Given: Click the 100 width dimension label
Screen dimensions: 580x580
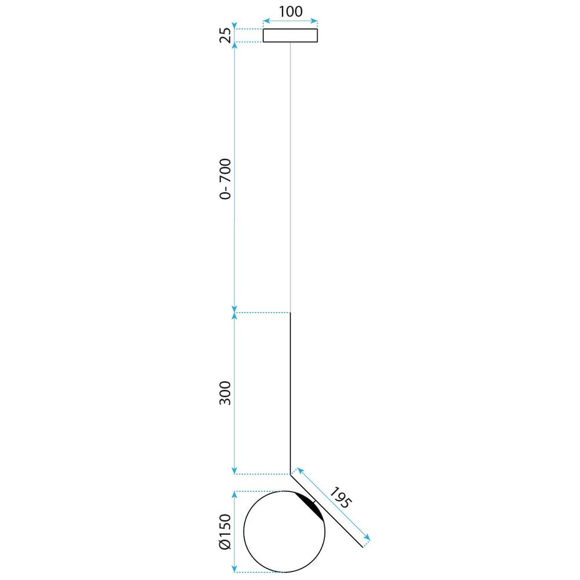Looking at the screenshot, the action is [291, 12].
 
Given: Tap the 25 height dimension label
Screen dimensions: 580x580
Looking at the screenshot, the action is [225, 35].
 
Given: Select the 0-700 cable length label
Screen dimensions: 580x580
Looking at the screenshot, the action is [225, 179].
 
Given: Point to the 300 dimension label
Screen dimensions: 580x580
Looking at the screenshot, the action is [225, 393].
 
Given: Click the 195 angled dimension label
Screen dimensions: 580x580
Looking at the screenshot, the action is [339, 498].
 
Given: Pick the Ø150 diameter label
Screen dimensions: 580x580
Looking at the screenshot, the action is [225, 531].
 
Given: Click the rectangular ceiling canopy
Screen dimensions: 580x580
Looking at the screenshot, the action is [291, 35].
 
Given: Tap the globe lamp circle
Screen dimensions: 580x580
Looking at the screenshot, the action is [244, 531].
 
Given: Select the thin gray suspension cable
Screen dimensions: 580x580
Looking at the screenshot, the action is [291, 177].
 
